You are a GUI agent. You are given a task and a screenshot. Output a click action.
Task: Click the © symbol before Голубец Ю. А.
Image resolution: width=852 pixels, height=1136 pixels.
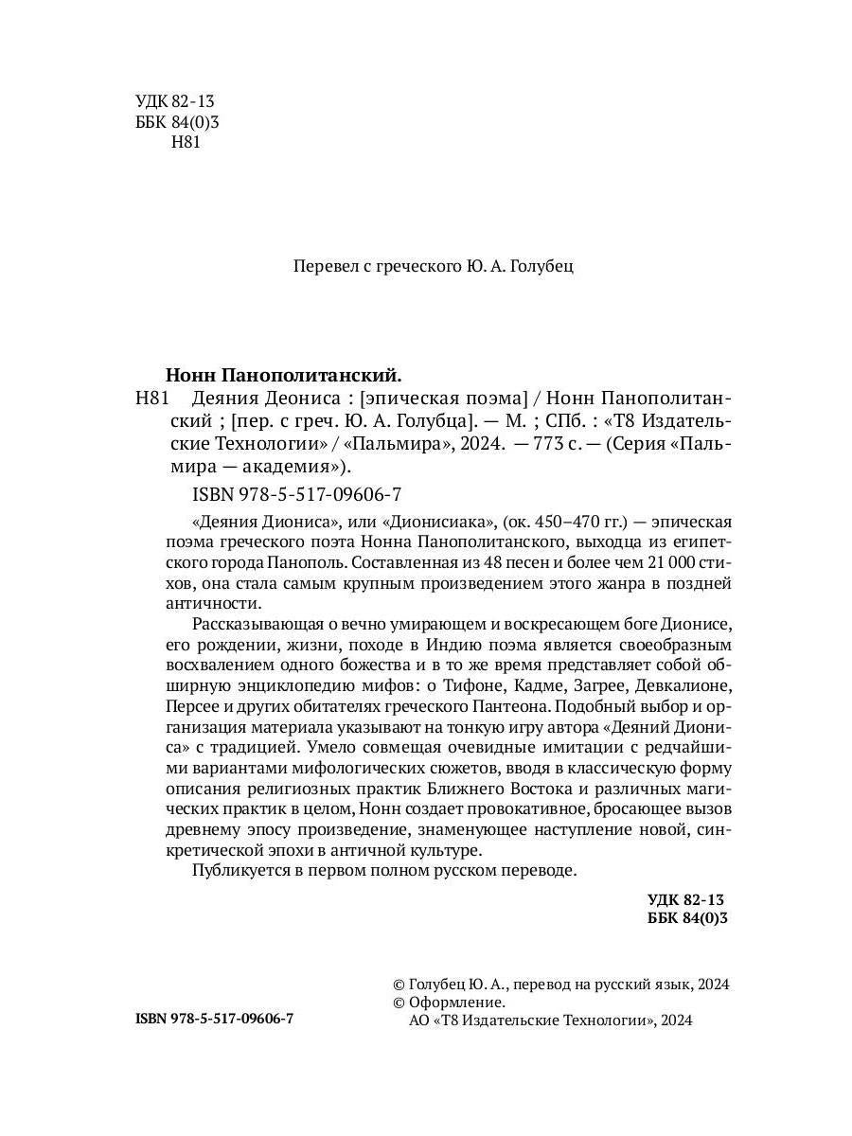click(398, 985)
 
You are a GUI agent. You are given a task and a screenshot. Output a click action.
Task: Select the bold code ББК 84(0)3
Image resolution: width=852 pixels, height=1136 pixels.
click(687, 918)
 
